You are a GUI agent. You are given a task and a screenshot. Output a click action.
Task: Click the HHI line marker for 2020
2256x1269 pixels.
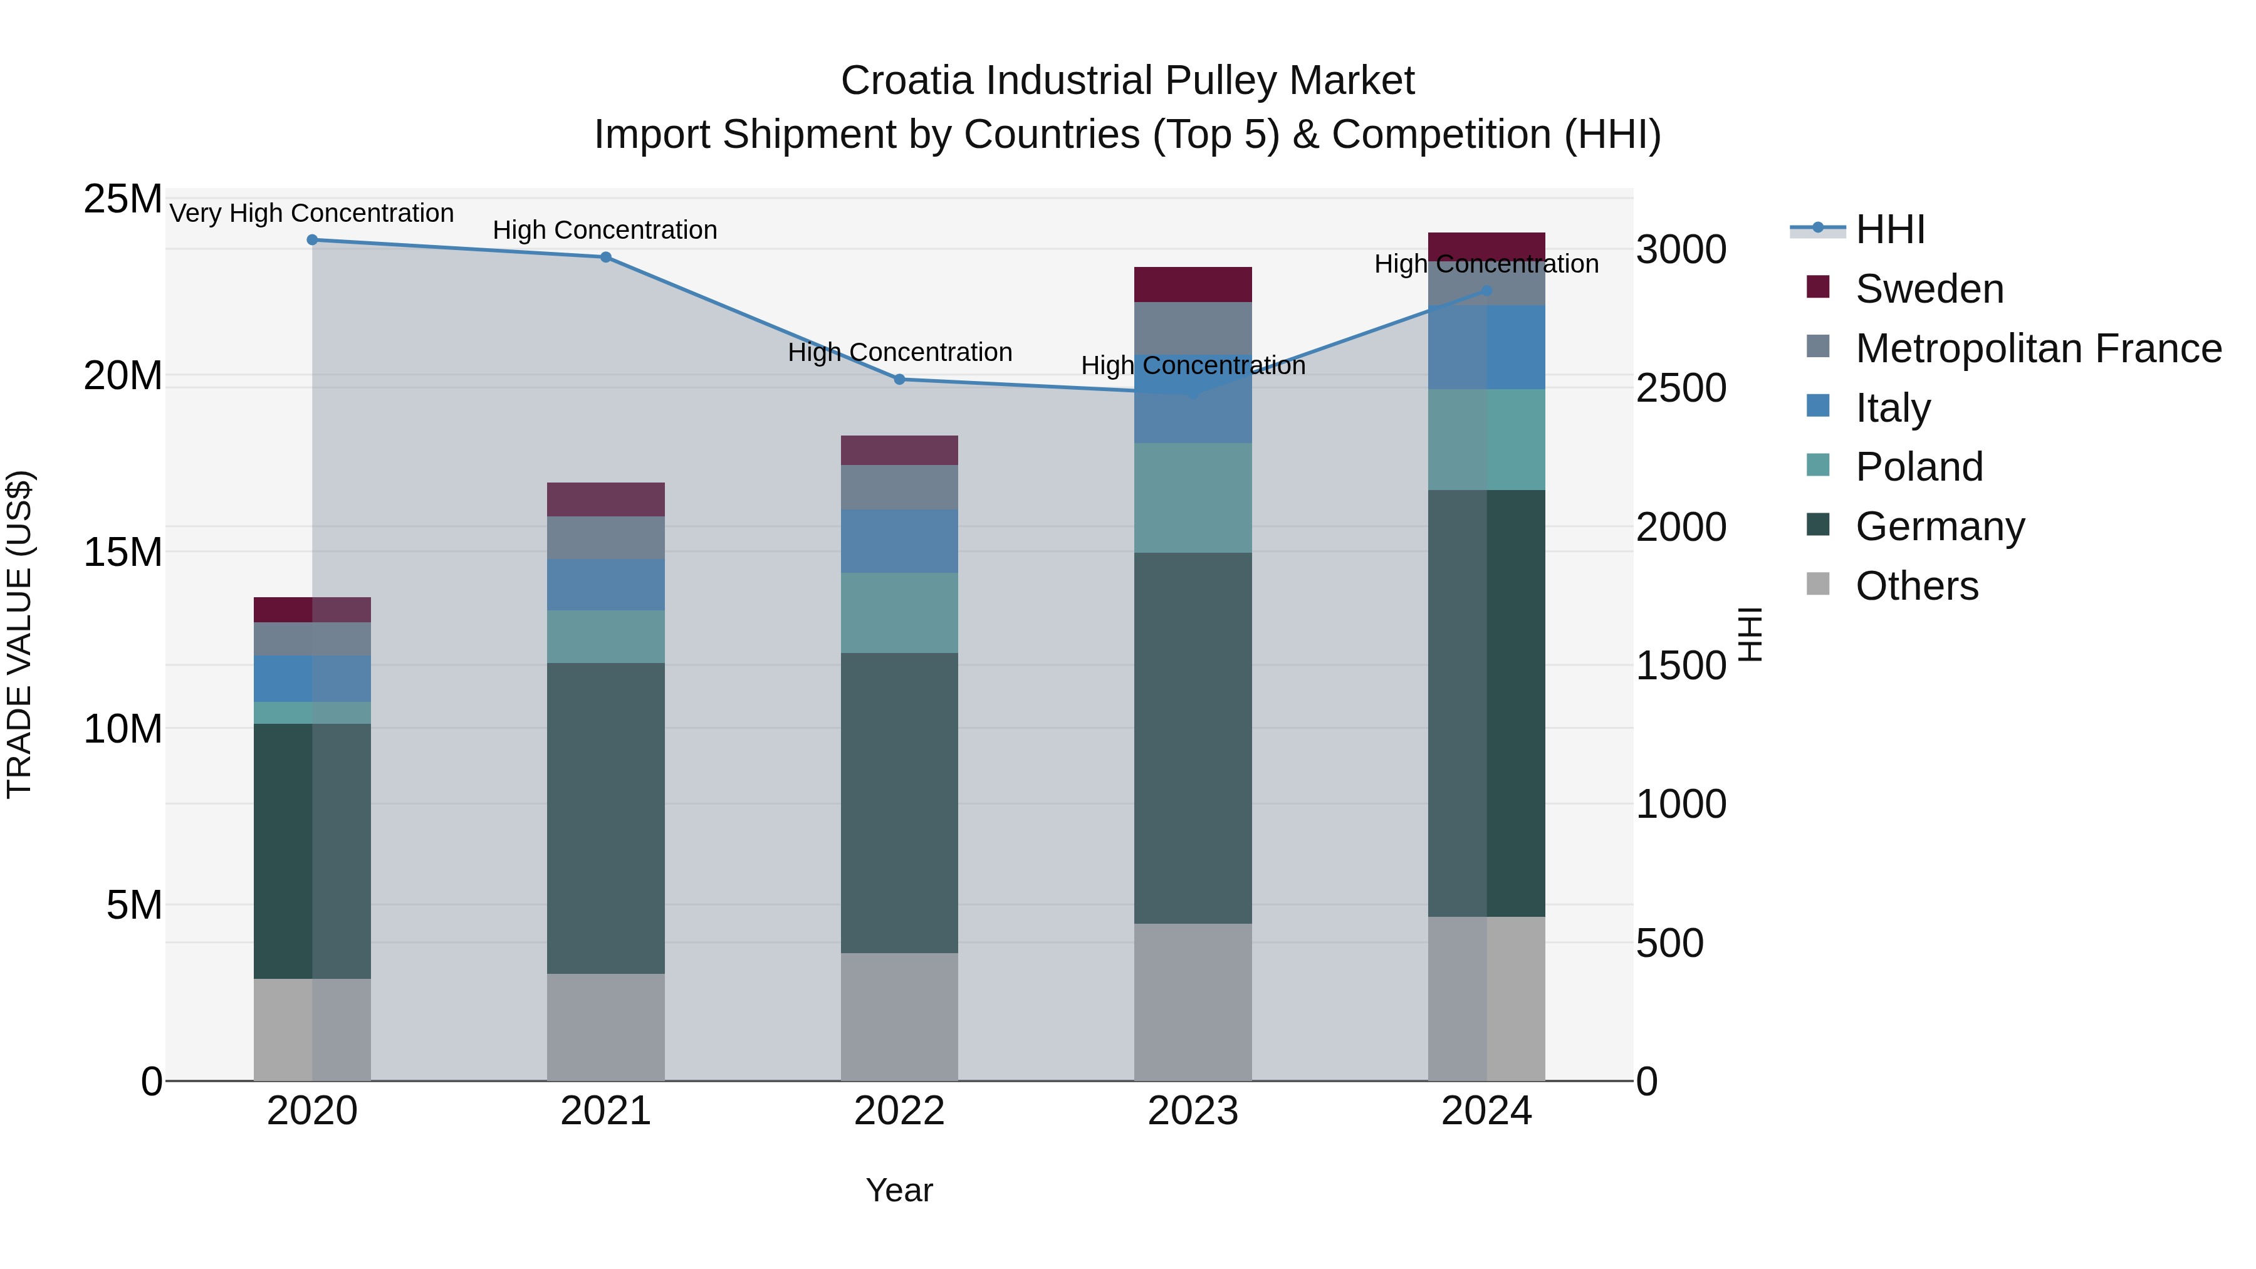pos(312,240)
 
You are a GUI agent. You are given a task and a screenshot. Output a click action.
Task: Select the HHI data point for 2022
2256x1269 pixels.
pos(899,379)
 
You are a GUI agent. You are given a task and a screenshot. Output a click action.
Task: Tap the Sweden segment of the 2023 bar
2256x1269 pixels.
pos(1192,285)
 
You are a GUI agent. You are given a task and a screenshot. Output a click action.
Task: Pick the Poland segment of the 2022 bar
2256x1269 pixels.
pos(899,612)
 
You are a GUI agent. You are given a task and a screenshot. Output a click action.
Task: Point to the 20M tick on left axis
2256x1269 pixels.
pos(123,376)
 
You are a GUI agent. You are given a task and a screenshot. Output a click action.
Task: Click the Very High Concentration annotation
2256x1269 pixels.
pos(312,213)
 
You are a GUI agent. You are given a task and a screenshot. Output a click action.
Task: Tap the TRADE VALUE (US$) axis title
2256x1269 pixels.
pos(19,634)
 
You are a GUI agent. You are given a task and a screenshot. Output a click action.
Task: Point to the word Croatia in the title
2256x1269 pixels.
pos(906,81)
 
